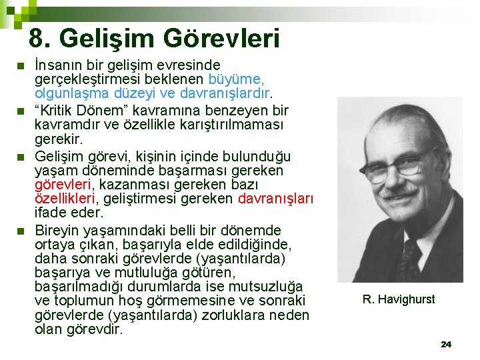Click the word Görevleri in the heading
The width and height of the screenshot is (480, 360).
(221, 38)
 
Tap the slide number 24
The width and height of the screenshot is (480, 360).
(446, 345)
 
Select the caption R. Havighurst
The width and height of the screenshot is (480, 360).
(399, 299)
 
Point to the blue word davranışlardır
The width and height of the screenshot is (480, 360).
(225, 93)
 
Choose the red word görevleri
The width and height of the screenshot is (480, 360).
(63, 185)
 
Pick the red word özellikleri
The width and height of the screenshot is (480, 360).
(65, 199)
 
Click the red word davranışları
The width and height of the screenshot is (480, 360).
(275, 199)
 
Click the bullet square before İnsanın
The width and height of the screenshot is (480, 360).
(21, 66)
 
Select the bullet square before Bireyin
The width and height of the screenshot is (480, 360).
(21, 231)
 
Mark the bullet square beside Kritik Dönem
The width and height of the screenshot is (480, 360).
(21, 111)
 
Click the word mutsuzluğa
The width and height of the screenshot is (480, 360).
(266, 287)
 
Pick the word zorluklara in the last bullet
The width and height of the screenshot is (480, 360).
(233, 315)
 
